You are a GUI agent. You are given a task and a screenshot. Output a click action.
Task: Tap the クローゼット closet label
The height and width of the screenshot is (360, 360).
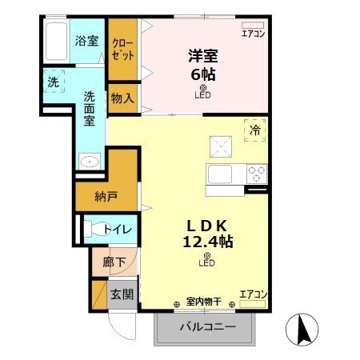pyautogui.click(x=122, y=50)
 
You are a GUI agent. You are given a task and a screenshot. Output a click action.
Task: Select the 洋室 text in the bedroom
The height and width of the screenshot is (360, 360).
pyautogui.click(x=204, y=56)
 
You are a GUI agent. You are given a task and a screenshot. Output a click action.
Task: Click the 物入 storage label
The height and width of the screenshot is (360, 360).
pyautogui.click(x=122, y=98)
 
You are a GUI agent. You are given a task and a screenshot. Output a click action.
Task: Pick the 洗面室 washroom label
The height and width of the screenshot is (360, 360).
pyautogui.click(x=90, y=107)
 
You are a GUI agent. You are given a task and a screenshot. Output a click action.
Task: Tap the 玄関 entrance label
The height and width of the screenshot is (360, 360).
pyautogui.click(x=122, y=294)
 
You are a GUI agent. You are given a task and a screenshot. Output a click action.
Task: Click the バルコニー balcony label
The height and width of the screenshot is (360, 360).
pyautogui.click(x=207, y=327)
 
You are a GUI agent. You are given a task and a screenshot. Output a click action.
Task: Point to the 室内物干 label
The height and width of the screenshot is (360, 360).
pyautogui.click(x=203, y=302)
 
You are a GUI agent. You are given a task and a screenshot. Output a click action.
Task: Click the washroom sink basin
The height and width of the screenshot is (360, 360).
pyautogui.click(x=89, y=162)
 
